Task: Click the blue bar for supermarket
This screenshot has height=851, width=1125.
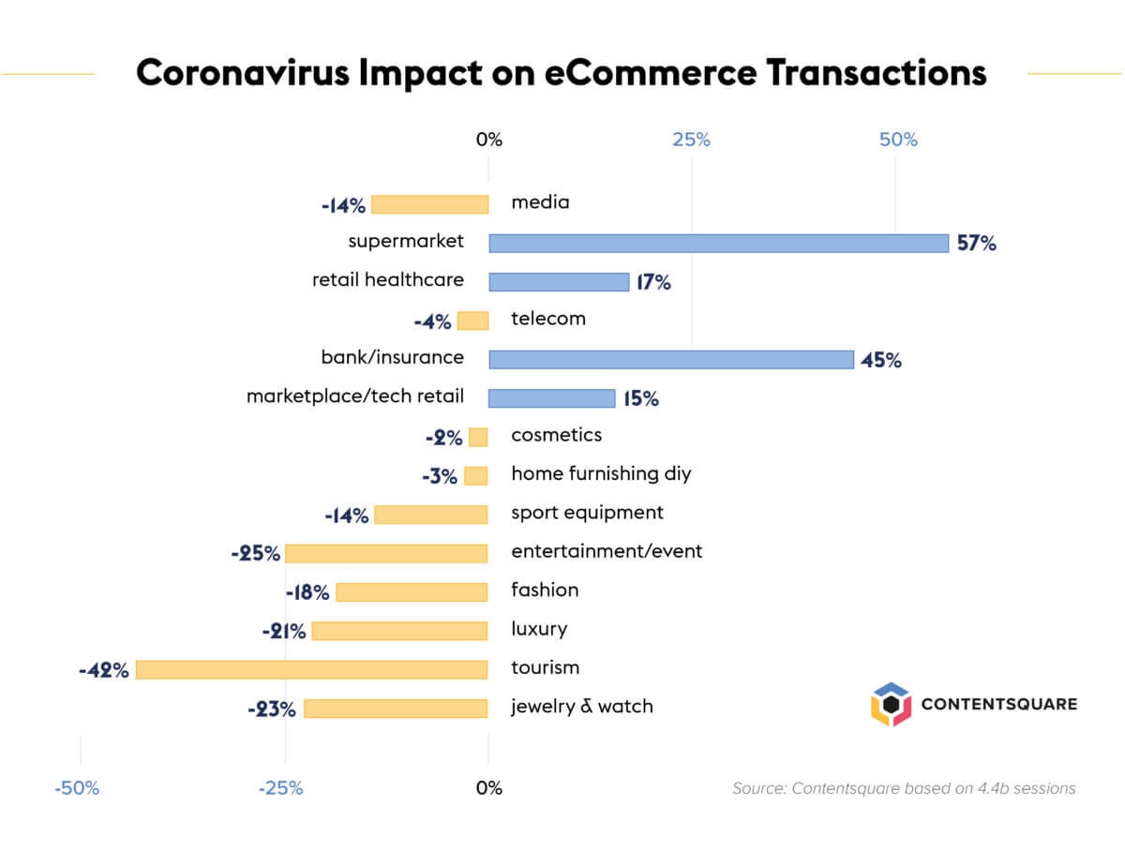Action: tap(718, 243)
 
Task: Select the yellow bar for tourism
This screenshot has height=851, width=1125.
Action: tap(312, 669)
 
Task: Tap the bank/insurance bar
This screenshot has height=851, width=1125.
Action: tap(671, 359)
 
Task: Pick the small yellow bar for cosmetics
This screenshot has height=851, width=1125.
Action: tap(478, 437)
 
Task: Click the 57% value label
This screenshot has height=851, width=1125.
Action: tap(976, 244)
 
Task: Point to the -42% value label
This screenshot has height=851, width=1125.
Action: tap(104, 670)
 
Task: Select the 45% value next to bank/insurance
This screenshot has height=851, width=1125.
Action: tap(880, 360)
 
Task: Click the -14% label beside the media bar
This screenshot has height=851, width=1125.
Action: tap(343, 205)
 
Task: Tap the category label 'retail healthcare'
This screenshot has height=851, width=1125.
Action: tap(387, 280)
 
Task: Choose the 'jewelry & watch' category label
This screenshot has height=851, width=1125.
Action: tap(581, 707)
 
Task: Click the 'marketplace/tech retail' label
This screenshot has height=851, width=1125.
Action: tap(354, 396)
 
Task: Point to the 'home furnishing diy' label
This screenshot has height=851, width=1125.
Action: tap(601, 473)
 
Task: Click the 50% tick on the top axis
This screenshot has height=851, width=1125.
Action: tap(898, 141)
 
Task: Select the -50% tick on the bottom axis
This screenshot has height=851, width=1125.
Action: tap(77, 788)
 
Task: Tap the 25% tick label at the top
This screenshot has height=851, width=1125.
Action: tap(691, 141)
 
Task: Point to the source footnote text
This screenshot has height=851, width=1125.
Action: tap(904, 788)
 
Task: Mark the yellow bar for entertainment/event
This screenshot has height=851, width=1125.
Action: tap(386, 553)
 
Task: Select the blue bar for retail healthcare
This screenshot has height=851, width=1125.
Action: tap(559, 282)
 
